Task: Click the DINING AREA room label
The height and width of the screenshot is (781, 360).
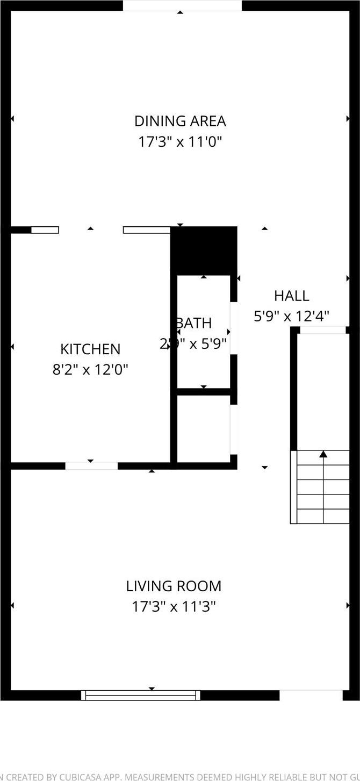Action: (180, 121)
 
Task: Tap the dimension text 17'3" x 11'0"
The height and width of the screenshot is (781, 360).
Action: (180, 142)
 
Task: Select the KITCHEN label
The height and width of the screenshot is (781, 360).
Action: (90, 349)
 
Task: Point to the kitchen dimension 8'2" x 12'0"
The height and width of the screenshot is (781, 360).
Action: (90, 370)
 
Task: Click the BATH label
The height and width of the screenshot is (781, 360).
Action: (193, 323)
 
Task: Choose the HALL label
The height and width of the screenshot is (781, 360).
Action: (291, 296)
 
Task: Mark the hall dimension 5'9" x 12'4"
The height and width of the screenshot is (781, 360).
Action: (291, 316)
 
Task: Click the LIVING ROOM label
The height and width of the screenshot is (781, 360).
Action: (174, 586)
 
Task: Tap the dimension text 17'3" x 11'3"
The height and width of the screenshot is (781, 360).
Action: (174, 607)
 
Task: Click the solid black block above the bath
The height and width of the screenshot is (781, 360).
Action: (204, 250)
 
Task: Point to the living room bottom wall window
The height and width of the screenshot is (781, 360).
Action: (141, 695)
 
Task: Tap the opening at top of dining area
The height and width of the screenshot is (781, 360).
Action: (182, 5)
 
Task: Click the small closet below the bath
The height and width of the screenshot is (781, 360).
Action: (203, 429)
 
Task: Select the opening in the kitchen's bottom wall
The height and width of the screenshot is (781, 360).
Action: (91, 465)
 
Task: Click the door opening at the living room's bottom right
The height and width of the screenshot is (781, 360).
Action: (311, 695)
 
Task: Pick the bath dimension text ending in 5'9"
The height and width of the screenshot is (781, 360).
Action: (193, 343)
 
